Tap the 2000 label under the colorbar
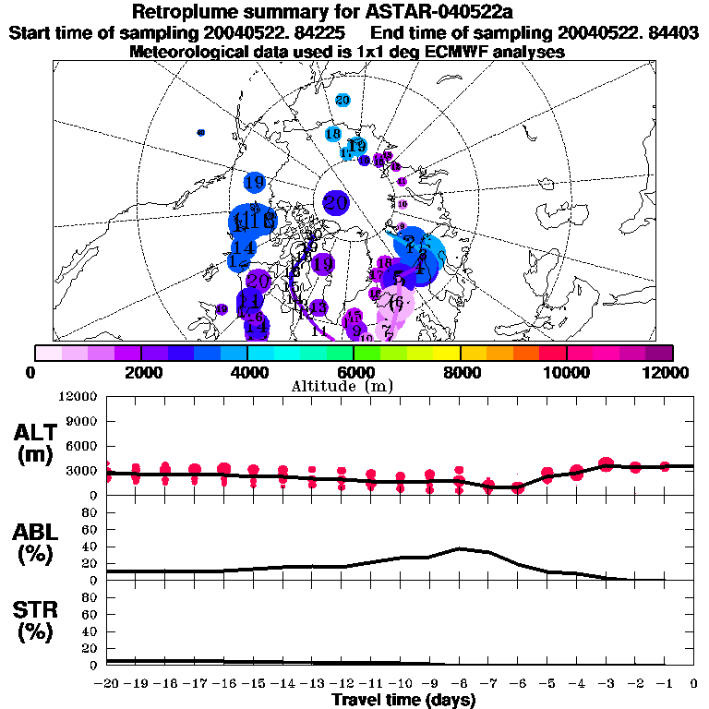[x=140, y=372]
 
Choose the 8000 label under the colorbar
[x=460, y=372]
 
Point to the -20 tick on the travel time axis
[x=107, y=684]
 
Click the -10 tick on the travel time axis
[x=401, y=684]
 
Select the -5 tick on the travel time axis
[x=547, y=684]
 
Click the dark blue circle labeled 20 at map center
[x=336, y=203]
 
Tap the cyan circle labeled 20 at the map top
[x=343, y=100]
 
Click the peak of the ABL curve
[x=460, y=548]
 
